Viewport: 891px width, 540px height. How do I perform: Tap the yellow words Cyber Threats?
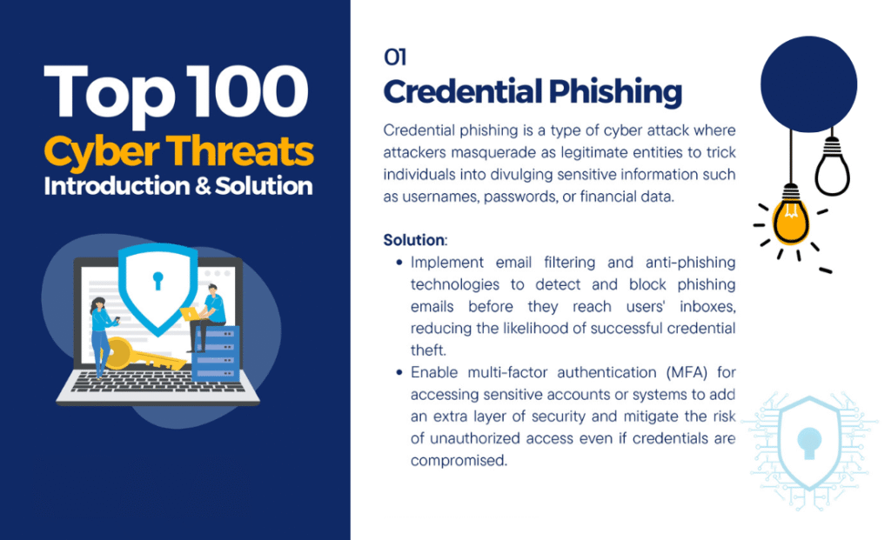(178, 151)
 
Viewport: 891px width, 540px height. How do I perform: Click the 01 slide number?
(395, 57)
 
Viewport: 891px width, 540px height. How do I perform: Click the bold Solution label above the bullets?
(414, 238)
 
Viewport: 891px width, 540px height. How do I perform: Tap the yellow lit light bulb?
(790, 218)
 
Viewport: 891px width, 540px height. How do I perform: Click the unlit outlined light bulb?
(832, 170)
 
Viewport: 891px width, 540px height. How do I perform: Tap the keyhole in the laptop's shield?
(157, 281)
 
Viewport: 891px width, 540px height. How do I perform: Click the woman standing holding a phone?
(99, 335)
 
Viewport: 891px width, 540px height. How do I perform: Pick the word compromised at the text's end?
(459, 461)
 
